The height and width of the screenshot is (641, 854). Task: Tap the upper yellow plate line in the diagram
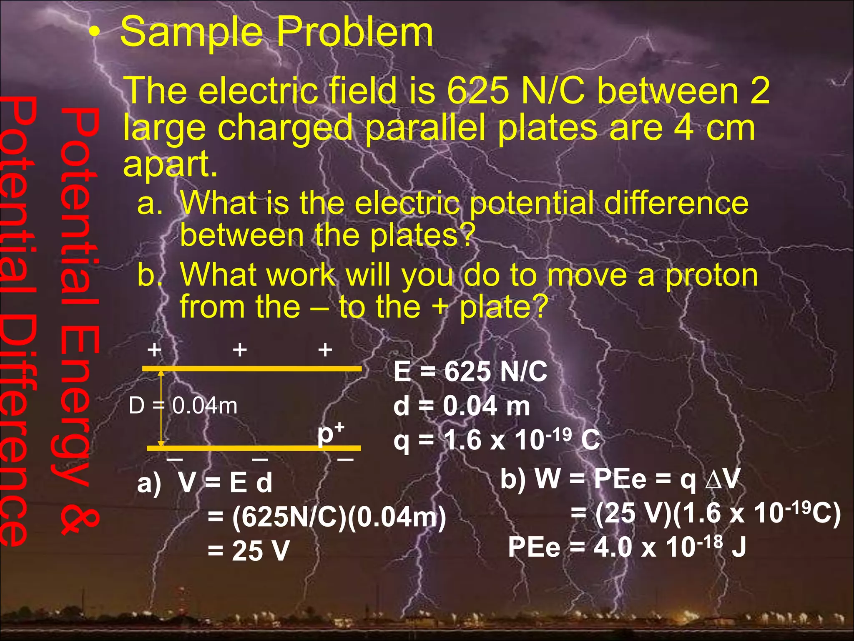(x=252, y=368)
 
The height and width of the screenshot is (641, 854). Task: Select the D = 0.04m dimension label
(x=183, y=405)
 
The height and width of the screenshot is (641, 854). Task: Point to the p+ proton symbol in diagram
(x=330, y=434)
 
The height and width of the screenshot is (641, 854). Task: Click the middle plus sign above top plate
(x=240, y=350)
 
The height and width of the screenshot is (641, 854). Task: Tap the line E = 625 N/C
(x=470, y=371)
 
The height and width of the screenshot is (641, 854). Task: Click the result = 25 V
(x=249, y=551)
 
